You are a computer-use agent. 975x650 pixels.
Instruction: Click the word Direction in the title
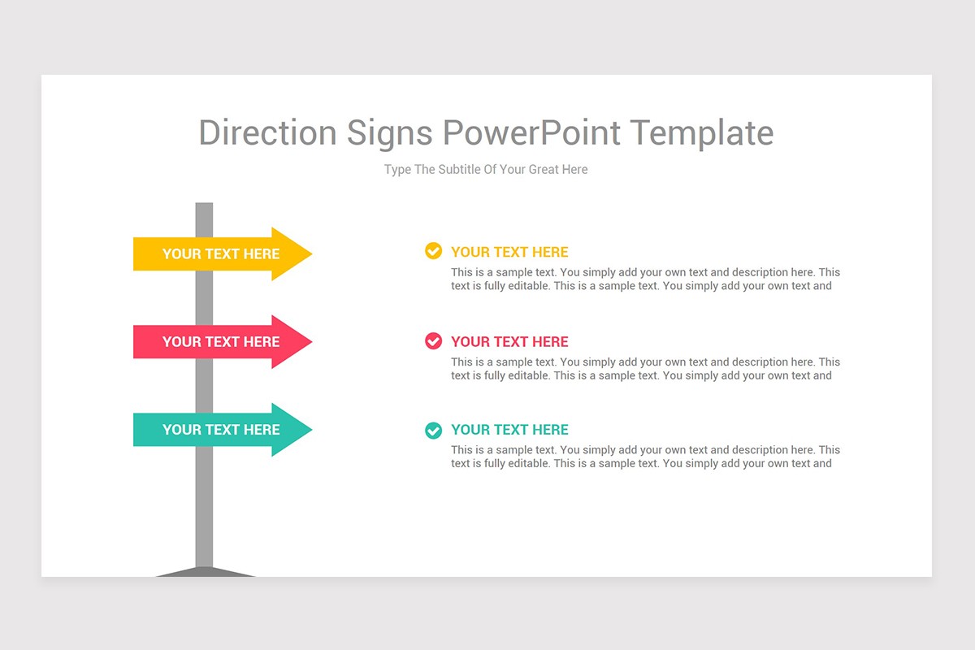tap(268, 133)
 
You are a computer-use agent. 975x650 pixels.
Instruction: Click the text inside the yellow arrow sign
tap(221, 254)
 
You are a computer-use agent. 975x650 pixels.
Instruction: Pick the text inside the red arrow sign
tap(221, 342)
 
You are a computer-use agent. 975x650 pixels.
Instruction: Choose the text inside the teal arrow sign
tap(221, 430)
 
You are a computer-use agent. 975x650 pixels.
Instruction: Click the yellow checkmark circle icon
tap(434, 251)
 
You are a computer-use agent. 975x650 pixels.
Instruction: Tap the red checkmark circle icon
tap(434, 341)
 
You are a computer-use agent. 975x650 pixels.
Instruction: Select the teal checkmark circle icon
tap(434, 430)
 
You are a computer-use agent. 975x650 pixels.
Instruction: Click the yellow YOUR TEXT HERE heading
tap(509, 252)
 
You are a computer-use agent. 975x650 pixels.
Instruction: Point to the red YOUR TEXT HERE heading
tap(509, 342)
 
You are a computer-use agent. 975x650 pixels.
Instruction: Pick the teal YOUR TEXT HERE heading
tap(509, 430)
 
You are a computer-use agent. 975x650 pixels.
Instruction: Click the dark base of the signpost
tap(205, 573)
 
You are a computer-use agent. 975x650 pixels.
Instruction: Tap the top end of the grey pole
tap(205, 206)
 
